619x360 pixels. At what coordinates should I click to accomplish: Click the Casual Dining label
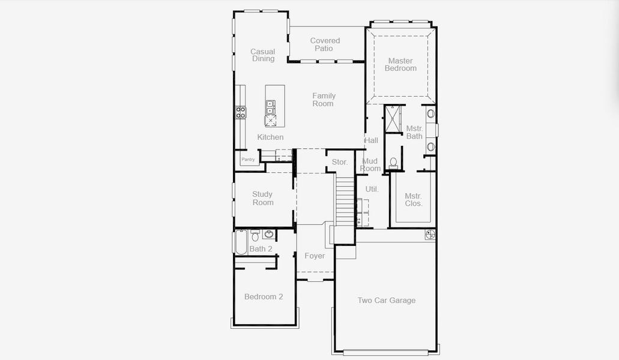pos(263,55)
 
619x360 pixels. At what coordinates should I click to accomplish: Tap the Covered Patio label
pos(325,44)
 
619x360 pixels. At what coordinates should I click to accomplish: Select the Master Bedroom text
pos(400,64)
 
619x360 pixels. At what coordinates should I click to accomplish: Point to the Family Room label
pos(323,100)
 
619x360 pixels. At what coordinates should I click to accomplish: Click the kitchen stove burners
pos(240,112)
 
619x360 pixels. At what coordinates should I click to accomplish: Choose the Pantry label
pos(248,160)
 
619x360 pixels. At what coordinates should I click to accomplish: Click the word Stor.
pos(340,162)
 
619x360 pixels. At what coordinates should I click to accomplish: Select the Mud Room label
pos(370,164)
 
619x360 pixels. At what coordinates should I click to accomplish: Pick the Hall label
pos(371,140)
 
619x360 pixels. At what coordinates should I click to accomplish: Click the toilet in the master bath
pos(394,163)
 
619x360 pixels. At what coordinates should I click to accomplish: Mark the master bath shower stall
pos(394,118)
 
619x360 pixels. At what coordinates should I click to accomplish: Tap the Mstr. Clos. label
pos(413,200)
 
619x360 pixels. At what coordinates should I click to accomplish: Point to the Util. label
pos(372,189)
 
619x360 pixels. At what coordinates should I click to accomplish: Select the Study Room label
pos(262,198)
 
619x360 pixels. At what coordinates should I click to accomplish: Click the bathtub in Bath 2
pos(241,242)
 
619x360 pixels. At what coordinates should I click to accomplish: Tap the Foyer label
pos(315,256)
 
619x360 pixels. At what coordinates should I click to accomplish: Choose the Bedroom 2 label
pos(264,296)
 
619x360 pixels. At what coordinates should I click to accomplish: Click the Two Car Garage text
pos(386,301)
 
